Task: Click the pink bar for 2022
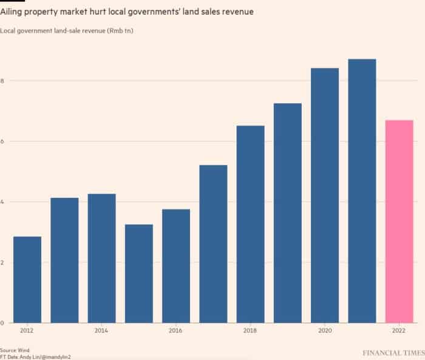(399, 222)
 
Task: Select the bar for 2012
(27, 279)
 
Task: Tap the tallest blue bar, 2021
(362, 191)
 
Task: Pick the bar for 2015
(139, 274)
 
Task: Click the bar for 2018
(250, 224)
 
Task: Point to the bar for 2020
(325, 195)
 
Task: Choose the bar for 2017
(213, 244)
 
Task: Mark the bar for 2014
(101, 259)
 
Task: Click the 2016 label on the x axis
(175, 330)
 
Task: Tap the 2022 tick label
(399, 330)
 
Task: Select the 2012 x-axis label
(27, 330)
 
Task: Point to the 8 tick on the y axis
(2, 81)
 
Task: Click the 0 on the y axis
(2, 323)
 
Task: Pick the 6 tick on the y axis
(2, 141)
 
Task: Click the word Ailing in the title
(11, 12)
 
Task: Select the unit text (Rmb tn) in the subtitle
(120, 30)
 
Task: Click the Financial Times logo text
(394, 353)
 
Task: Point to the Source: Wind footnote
(15, 350)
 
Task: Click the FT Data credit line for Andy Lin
(35, 357)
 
